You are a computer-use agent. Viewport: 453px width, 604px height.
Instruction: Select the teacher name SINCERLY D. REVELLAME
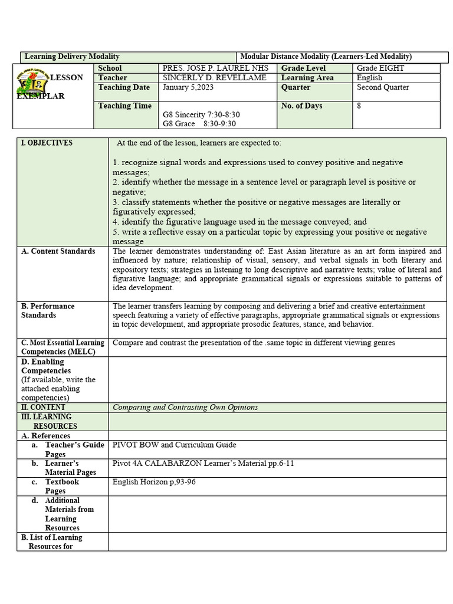(x=214, y=78)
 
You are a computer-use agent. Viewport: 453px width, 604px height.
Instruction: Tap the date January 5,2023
(x=188, y=87)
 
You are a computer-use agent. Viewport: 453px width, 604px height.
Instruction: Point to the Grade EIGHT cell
(x=380, y=68)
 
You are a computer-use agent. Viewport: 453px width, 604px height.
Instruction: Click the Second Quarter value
(x=383, y=87)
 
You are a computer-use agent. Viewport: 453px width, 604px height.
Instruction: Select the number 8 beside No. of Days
(x=359, y=106)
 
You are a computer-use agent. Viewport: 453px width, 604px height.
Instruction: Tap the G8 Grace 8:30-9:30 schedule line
(x=199, y=124)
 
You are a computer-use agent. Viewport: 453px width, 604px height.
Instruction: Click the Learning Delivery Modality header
(x=72, y=57)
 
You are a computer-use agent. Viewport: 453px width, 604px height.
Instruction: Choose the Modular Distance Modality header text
(x=326, y=57)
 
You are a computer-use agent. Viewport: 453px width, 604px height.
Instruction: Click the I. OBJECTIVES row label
(x=47, y=143)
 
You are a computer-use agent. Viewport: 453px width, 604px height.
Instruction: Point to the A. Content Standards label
(x=58, y=251)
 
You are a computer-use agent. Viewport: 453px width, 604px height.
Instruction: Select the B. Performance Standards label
(x=48, y=311)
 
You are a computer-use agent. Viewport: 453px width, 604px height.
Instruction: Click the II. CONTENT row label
(x=44, y=408)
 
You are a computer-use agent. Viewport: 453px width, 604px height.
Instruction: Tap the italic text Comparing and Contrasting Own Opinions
(x=185, y=408)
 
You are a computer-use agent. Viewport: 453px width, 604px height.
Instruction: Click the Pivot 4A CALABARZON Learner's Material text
(x=203, y=464)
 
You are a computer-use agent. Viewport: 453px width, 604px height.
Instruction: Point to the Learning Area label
(x=307, y=78)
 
